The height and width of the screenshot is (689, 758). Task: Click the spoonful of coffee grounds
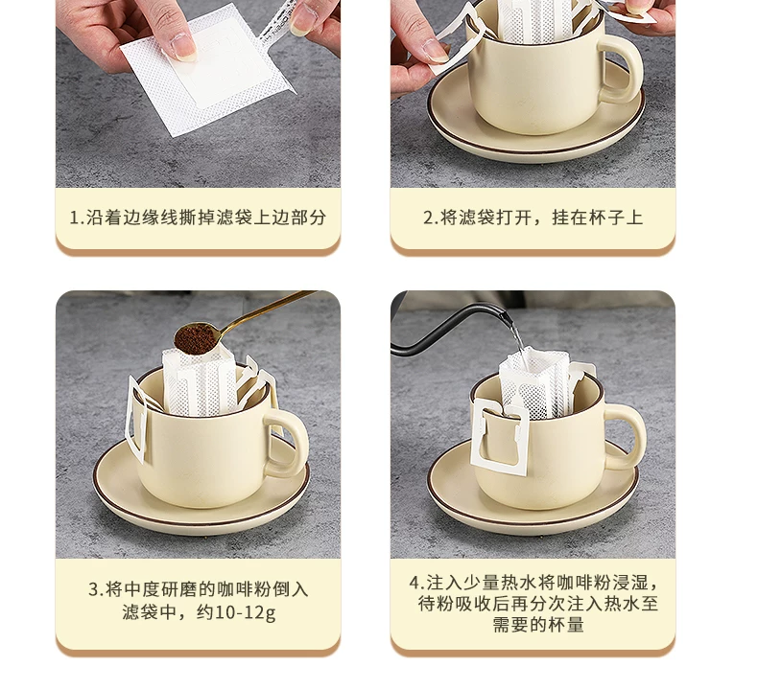coord(196,337)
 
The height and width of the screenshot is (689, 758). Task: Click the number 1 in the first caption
coord(75,218)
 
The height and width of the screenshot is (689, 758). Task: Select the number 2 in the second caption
coord(428,218)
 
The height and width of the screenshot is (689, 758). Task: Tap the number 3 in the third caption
coord(94,589)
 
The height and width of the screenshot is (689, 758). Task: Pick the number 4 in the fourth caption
coord(415,583)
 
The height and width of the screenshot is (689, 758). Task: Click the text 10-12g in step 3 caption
coord(245,612)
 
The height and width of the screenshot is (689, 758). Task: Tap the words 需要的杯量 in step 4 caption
coord(538,625)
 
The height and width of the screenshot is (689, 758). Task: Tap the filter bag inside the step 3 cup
coord(200,380)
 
